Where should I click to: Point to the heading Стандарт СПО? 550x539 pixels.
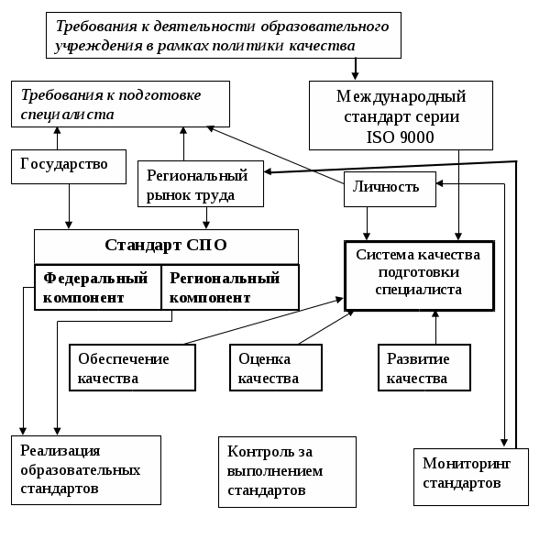[166, 245]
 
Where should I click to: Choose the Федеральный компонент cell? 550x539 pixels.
[97, 288]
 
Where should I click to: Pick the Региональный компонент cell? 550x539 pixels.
[229, 288]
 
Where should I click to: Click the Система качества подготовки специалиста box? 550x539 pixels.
[419, 274]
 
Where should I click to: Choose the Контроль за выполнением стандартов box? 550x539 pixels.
[287, 471]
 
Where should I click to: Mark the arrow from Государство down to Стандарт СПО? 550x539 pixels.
[70, 206]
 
